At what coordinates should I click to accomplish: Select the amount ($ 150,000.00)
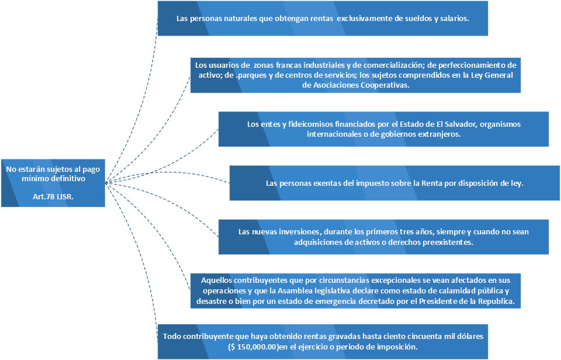[x=254, y=347]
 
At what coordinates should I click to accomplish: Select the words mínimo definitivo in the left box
[x=53, y=178]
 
